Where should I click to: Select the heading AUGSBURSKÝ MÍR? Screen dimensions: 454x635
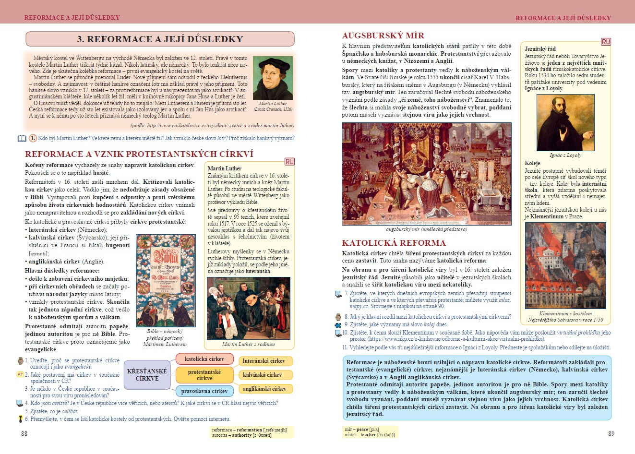(383, 36)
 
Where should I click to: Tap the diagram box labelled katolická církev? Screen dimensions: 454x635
(204, 359)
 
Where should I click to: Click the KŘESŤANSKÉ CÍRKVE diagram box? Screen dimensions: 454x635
(147, 375)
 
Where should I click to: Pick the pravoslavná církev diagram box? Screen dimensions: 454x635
(204, 391)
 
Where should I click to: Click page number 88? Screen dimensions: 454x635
(24, 434)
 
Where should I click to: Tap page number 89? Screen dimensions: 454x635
(611, 434)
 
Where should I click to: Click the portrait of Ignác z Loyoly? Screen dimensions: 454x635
(565, 123)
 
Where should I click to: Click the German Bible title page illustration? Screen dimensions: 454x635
(166, 281)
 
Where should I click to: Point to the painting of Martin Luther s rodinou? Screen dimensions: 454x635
(248, 308)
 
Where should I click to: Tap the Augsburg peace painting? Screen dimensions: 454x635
(426, 174)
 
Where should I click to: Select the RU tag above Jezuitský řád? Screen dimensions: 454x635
(606, 42)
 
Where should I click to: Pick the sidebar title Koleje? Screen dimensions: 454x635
(532, 163)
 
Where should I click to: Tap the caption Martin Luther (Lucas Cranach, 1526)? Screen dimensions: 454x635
(273, 106)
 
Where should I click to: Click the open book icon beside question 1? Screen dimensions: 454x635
(22, 139)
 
